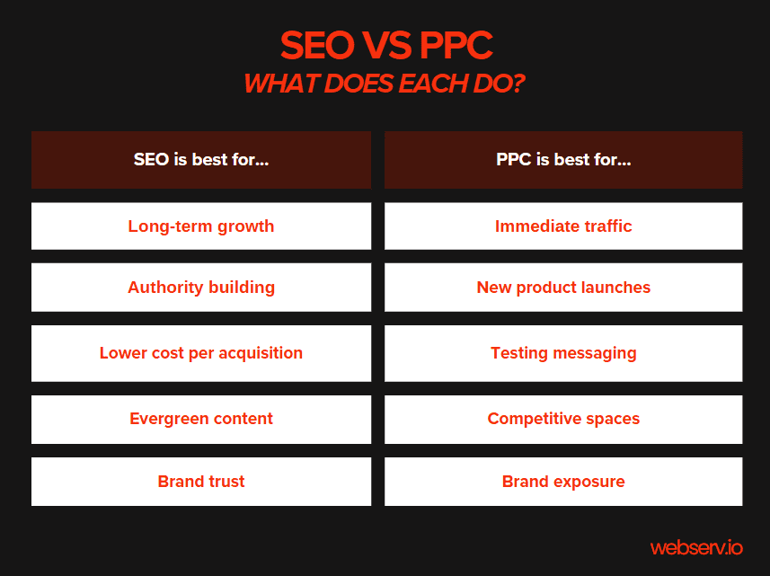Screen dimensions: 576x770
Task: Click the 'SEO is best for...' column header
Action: coord(201,160)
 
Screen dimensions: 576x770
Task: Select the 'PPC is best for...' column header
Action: coord(563,160)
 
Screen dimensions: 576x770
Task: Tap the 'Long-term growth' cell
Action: coord(201,226)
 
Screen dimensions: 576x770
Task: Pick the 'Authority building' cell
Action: coord(201,288)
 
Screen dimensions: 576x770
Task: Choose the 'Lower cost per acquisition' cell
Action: coord(201,353)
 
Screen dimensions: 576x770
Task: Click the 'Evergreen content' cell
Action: coord(201,419)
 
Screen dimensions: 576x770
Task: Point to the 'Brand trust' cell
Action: coord(201,482)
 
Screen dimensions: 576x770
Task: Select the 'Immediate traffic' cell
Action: coord(563,226)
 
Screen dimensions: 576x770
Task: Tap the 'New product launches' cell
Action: coord(563,288)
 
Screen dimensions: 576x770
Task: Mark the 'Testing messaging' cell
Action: coord(563,353)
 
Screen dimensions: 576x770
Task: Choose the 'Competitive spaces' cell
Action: coord(563,419)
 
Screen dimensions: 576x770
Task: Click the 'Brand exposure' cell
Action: coord(563,482)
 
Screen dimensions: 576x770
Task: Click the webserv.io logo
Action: coord(696,546)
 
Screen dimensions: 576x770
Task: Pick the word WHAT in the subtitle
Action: coord(277,84)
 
